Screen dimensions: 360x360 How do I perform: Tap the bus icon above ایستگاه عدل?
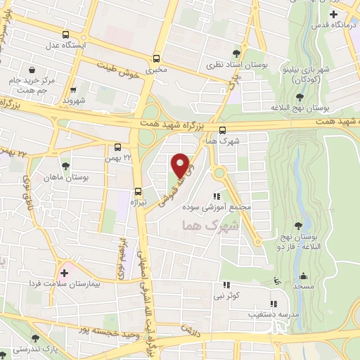tap(65, 34)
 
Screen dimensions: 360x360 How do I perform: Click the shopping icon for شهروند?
tap(73, 90)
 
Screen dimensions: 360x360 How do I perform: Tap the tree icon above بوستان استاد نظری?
tap(236, 53)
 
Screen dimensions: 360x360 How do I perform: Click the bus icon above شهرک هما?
tap(222, 130)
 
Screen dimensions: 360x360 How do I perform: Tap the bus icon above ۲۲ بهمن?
tap(117, 148)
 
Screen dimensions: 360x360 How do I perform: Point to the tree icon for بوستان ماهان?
tap(65, 167)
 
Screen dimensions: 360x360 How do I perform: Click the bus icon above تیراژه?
tap(138, 191)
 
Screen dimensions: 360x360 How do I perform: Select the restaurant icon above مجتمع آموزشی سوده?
tap(217, 198)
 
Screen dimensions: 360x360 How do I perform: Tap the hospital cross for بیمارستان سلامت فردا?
tap(65, 273)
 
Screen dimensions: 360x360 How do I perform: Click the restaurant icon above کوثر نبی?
tap(226, 285)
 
